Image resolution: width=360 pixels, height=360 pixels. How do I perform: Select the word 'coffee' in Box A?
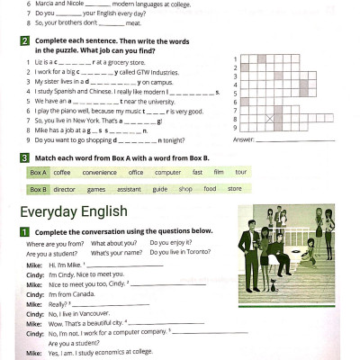click(x=61, y=172)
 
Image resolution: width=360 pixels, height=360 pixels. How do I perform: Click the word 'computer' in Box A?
click(x=167, y=172)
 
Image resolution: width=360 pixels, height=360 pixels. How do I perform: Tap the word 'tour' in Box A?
click(x=241, y=172)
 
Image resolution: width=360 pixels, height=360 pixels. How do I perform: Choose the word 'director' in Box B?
click(x=65, y=189)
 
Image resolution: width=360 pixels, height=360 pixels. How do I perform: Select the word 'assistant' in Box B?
click(x=129, y=189)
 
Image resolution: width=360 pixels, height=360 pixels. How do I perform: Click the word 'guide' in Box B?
click(x=159, y=189)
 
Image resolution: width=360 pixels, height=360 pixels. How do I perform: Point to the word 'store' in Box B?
click(x=234, y=189)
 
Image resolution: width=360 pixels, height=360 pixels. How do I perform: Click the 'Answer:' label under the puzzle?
click(x=244, y=139)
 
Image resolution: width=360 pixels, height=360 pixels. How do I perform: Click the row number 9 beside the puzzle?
click(x=235, y=127)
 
